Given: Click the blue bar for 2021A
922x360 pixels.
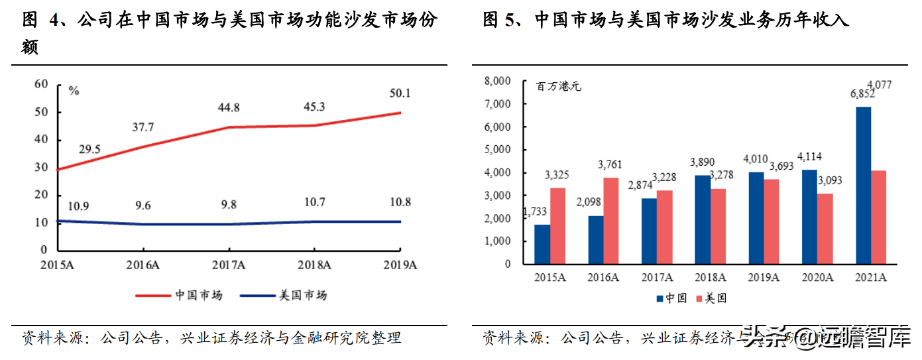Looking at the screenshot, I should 864,185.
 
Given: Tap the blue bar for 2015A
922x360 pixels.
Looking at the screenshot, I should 542,243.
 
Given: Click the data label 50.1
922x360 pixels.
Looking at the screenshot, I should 399,93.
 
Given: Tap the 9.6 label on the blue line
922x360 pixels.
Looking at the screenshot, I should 143,206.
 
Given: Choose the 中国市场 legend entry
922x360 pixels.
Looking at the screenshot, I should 179,295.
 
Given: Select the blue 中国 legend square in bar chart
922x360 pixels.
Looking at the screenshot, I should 660,298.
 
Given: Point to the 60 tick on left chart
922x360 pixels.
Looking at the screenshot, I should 41,84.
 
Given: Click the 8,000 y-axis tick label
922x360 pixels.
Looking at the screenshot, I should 498,81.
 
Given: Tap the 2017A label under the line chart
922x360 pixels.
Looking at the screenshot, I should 229,265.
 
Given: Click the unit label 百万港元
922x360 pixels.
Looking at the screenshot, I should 559,86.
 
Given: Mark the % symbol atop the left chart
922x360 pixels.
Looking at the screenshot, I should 74,91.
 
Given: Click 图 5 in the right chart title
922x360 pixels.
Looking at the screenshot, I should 499,20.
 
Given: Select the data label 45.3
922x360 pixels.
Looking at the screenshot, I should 314,106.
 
